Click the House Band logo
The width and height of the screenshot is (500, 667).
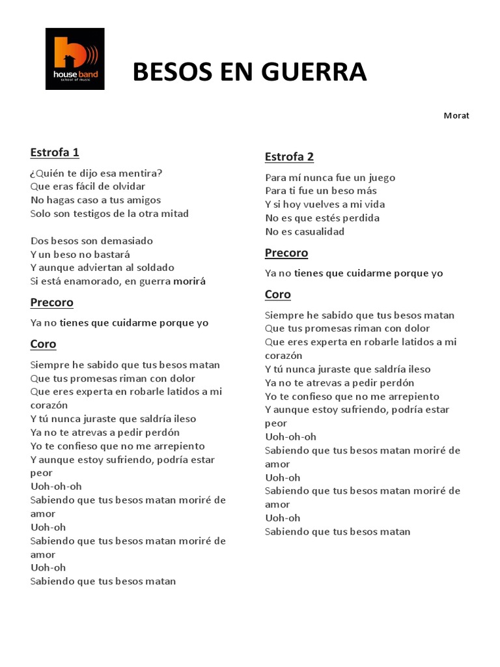pyautogui.click(x=75, y=59)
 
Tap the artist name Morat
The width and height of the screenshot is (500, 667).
pyautogui.click(x=456, y=116)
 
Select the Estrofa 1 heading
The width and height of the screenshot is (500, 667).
pyautogui.click(x=55, y=153)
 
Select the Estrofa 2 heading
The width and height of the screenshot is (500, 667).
pyautogui.click(x=289, y=157)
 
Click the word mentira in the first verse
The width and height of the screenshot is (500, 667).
pyautogui.click(x=142, y=173)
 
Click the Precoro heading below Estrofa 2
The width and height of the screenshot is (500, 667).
pyautogui.click(x=286, y=253)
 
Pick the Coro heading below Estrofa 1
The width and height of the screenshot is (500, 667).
pyautogui.click(x=43, y=344)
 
